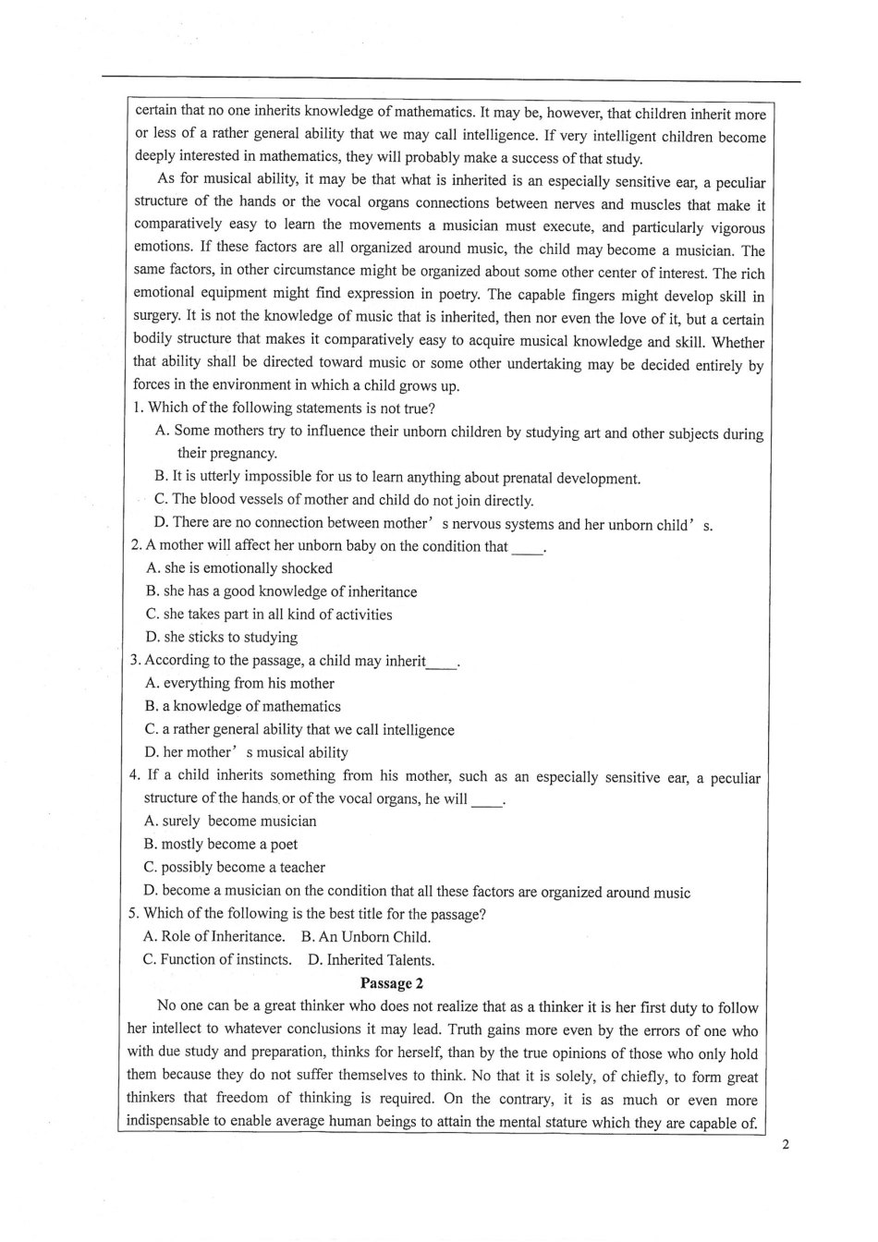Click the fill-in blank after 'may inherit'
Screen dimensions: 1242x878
pos(442,662)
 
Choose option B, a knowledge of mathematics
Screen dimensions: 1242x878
pos(242,706)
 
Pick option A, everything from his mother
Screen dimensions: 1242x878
pos(239,683)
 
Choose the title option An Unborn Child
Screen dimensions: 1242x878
pos(366,936)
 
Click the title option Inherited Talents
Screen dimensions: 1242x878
pos(371,959)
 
